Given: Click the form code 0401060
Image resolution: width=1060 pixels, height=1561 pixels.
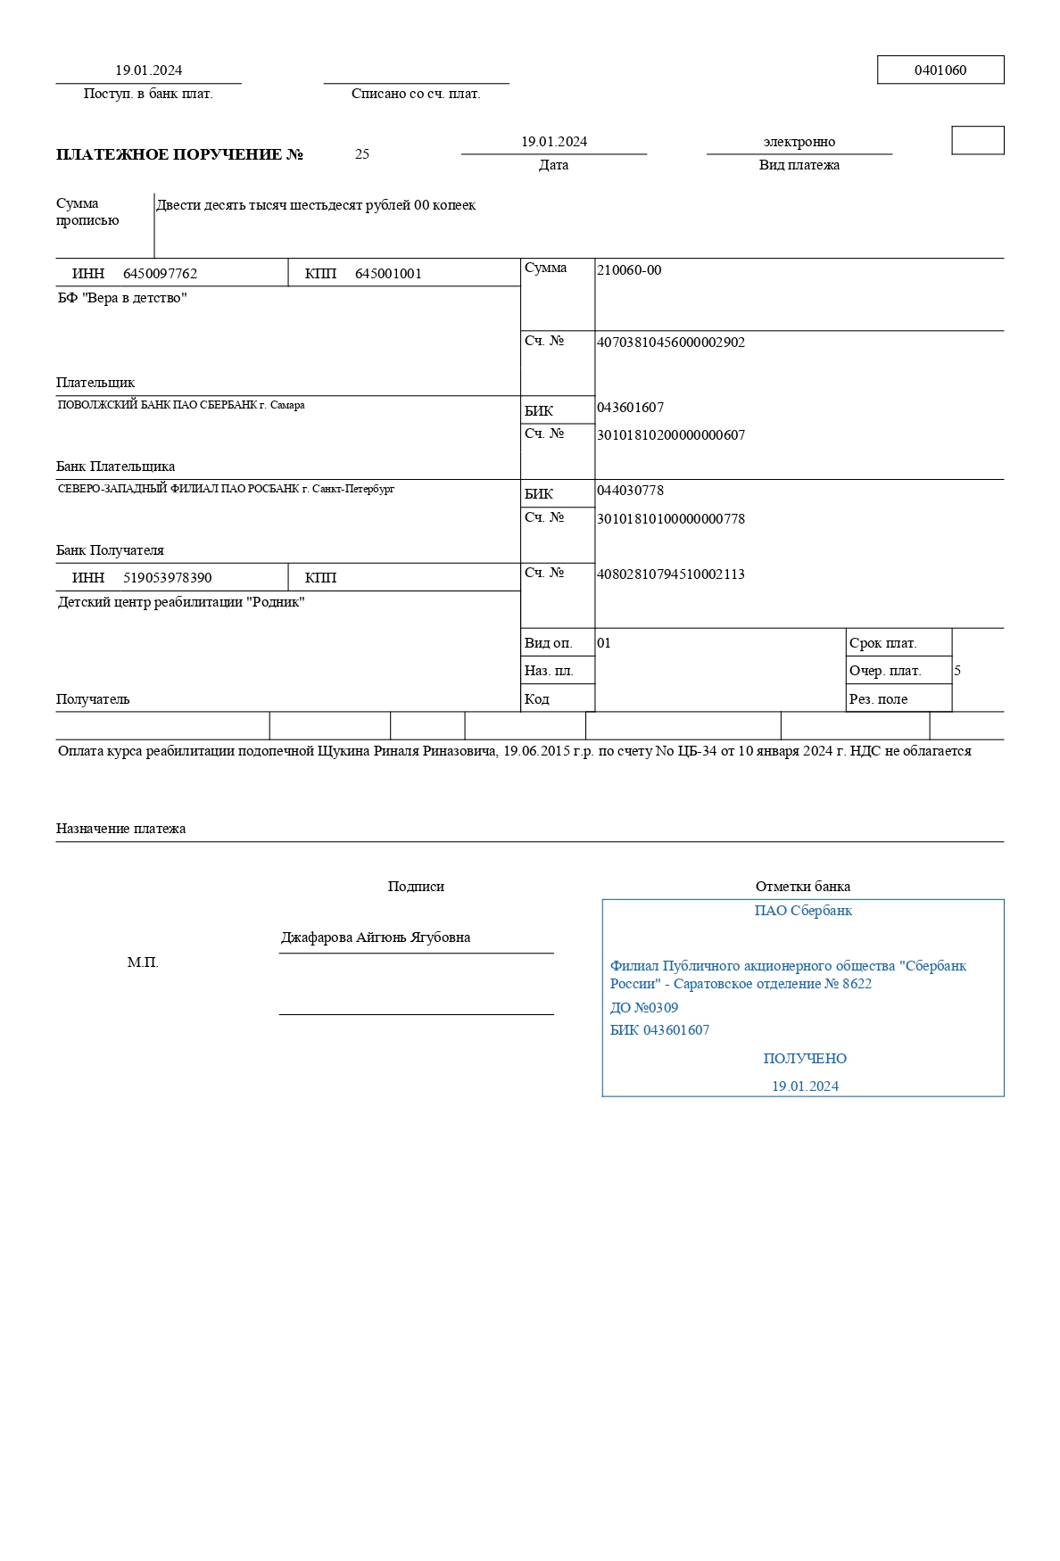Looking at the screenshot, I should click(x=940, y=70).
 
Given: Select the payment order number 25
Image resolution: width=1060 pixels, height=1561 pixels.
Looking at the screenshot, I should click(x=362, y=154).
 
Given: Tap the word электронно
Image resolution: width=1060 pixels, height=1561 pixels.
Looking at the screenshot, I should click(x=799, y=142).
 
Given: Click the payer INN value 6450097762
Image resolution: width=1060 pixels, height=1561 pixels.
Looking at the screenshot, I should click(x=160, y=274).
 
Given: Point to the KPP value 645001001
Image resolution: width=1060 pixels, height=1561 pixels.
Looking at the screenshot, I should click(x=388, y=274).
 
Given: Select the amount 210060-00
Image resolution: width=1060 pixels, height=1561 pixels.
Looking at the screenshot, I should click(x=629, y=270).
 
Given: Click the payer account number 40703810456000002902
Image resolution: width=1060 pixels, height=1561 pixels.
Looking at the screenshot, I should click(x=671, y=343).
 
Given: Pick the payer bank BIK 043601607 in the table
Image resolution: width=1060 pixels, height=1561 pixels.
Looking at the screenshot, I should click(x=630, y=408).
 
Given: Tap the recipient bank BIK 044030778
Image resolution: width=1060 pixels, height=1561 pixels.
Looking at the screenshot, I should click(x=630, y=491).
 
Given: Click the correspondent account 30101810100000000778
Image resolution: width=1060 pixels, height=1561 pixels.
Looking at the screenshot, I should click(x=671, y=519).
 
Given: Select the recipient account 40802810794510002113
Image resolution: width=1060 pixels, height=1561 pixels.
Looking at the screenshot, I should click(x=671, y=574).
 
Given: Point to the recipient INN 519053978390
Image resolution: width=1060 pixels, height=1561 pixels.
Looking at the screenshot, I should click(x=168, y=578).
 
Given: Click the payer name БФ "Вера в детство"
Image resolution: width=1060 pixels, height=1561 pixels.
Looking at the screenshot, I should click(x=122, y=298).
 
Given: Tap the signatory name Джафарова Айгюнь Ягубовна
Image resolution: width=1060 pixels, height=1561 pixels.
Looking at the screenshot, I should click(x=376, y=937).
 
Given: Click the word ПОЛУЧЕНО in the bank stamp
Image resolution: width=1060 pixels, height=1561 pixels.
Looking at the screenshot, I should click(x=805, y=1059).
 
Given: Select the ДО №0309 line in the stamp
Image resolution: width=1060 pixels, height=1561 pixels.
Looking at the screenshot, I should click(x=644, y=1008).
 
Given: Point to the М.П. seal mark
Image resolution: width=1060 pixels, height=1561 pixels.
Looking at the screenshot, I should click(x=143, y=962).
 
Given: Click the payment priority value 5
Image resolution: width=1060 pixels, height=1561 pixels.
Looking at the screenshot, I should click(x=957, y=671).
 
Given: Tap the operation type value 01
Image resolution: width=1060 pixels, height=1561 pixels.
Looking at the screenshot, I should click(x=604, y=643).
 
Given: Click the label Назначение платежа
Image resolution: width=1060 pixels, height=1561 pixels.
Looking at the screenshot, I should click(x=120, y=829).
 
